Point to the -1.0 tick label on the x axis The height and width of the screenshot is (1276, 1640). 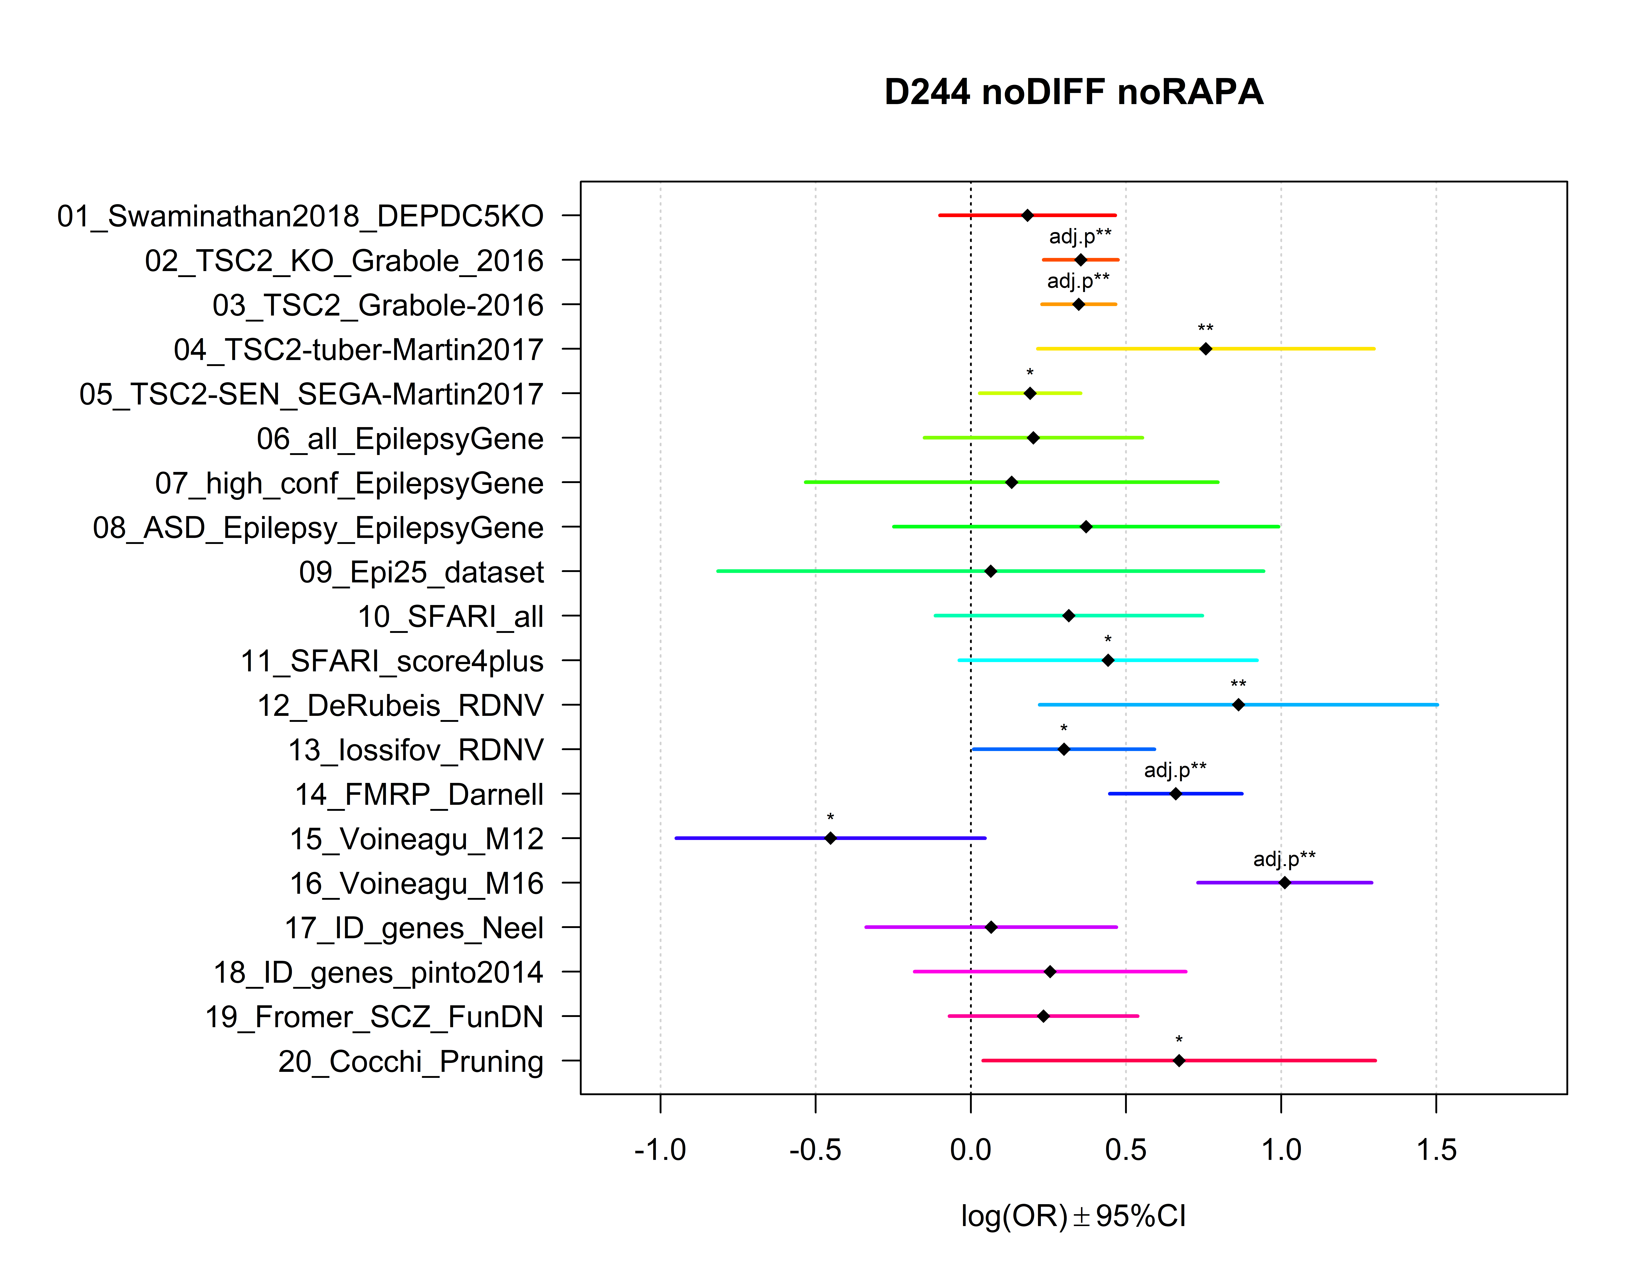click(x=660, y=1150)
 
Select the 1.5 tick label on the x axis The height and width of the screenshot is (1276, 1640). click(x=1436, y=1150)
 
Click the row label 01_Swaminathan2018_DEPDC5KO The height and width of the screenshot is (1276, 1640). click(x=300, y=216)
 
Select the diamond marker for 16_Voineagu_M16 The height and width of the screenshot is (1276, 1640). click(x=1285, y=882)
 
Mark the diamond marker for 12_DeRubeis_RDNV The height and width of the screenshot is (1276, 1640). click(x=1238, y=705)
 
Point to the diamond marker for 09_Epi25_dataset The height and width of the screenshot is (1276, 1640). click(x=990, y=571)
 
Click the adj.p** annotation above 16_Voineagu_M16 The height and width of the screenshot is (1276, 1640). click(x=1284, y=858)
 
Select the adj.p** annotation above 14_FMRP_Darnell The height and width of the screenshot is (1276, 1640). click(x=1175, y=770)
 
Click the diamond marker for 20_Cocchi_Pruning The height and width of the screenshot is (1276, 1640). click(x=1179, y=1061)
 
